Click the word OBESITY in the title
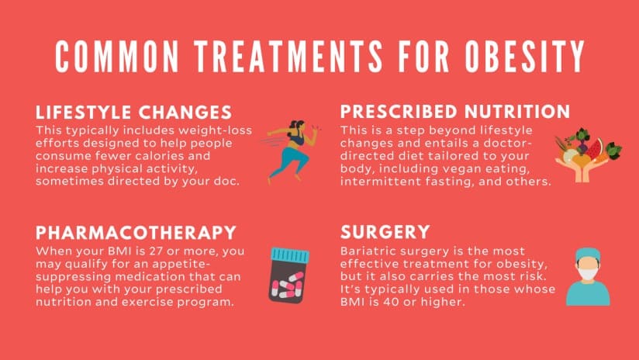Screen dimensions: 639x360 click(x=524, y=57)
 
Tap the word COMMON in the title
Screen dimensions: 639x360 click(x=117, y=57)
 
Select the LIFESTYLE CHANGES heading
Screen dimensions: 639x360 click(x=133, y=112)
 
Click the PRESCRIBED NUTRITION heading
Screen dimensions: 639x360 click(x=455, y=112)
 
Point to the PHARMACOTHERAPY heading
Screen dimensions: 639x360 click(x=136, y=233)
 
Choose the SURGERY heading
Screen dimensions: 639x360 click(x=385, y=232)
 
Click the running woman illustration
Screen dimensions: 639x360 click(x=291, y=151)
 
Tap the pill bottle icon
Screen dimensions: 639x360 click(x=289, y=275)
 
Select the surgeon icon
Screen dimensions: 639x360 click(x=588, y=276)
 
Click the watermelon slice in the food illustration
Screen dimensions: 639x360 click(x=596, y=148)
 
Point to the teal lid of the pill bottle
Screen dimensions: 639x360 click(x=290, y=254)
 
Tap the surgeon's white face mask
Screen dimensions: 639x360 click(x=588, y=274)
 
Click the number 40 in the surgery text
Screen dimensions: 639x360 click(x=384, y=302)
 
